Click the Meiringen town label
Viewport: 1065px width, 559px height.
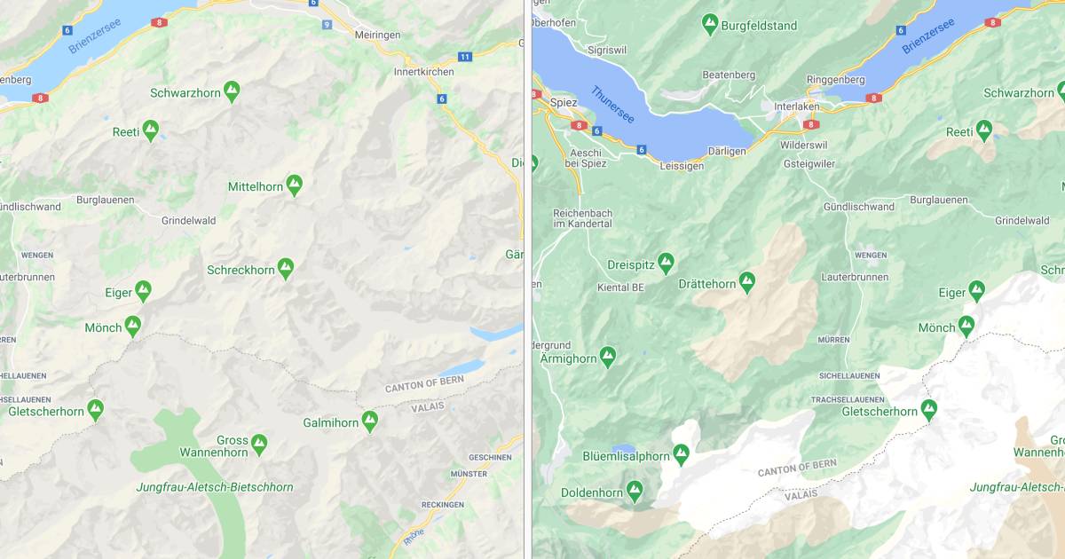pyautogui.click(x=377, y=35)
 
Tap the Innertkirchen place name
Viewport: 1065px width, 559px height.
pyautogui.click(x=423, y=72)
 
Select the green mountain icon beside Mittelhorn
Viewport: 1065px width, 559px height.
pyautogui.click(x=294, y=185)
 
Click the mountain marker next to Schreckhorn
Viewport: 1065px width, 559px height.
pyautogui.click(x=285, y=269)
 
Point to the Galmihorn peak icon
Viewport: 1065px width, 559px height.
pyautogui.click(x=369, y=421)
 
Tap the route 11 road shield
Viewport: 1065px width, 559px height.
pyautogui.click(x=465, y=56)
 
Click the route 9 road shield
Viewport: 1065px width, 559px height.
pyautogui.click(x=327, y=24)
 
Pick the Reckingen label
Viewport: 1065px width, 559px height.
pyautogui.click(x=442, y=505)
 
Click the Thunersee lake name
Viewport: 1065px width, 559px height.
pyautogui.click(x=613, y=105)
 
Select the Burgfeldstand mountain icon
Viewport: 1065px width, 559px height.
pyautogui.click(x=709, y=24)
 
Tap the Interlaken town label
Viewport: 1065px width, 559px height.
pyautogui.click(x=796, y=106)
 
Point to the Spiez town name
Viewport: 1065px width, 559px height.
pyautogui.click(x=564, y=102)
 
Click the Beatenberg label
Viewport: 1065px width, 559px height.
pyautogui.click(x=729, y=75)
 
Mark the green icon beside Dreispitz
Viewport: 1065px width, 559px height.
pyautogui.click(x=666, y=263)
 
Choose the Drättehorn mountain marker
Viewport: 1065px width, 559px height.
pyautogui.click(x=747, y=282)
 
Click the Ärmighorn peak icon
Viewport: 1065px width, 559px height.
pyautogui.click(x=607, y=358)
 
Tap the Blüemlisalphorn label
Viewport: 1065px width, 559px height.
pyautogui.click(x=626, y=456)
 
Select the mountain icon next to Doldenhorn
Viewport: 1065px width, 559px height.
pyautogui.click(x=634, y=491)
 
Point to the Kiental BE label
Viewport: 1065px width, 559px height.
pyautogui.click(x=620, y=287)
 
